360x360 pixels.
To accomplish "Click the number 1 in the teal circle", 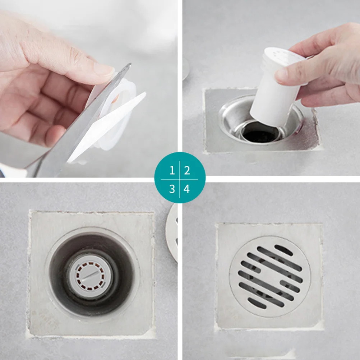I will point(172,170).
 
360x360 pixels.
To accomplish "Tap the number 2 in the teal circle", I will point(187,170).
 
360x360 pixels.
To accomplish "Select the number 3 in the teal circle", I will point(172,189).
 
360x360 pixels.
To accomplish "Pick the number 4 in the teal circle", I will point(187,189).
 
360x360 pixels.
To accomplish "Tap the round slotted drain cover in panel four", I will point(270,276).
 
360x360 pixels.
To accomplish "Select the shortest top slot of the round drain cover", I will point(284,250).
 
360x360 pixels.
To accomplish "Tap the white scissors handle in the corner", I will point(11,172).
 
